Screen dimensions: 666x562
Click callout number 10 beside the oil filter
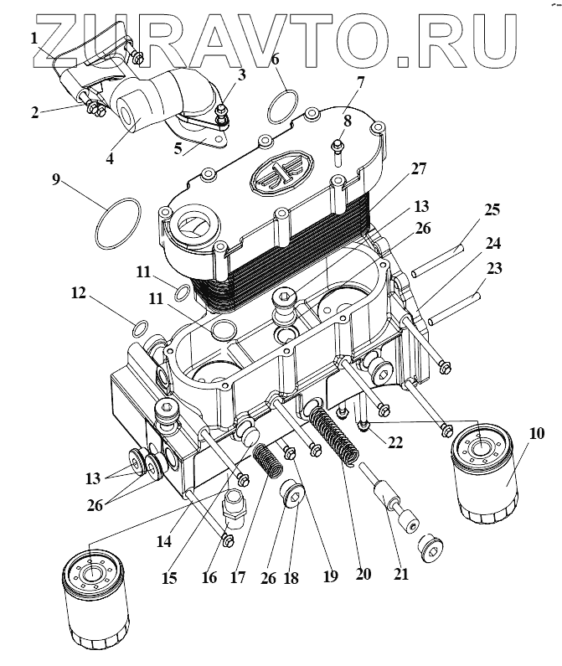537,433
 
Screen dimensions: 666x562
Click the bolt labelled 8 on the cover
337,151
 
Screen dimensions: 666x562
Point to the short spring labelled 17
269,460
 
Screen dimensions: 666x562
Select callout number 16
209,577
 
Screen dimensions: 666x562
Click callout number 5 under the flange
177,151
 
